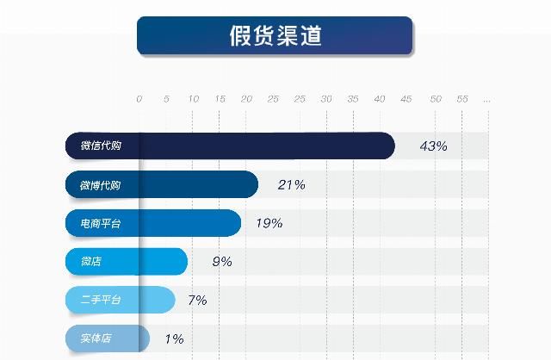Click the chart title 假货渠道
coord(275,36)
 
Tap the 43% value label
coord(433,146)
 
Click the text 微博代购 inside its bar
coord(101,185)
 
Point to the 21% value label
coord(291,184)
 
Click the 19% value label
coord(269,223)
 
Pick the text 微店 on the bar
coord(90,262)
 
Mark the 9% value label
coord(221,262)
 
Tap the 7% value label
coord(197,300)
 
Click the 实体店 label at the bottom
coord(96,338)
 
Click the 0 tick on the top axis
coord(139,100)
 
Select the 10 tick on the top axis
coord(193,100)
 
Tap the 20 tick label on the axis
coord(246,100)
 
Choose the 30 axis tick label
coord(326,100)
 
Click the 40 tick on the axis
coord(380,100)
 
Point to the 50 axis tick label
coord(435,100)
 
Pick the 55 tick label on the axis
coord(461,100)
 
